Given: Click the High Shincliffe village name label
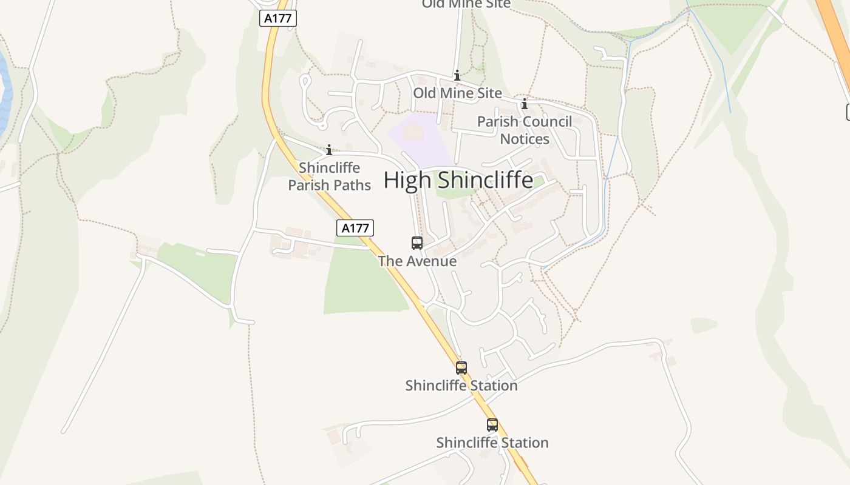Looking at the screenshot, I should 458,180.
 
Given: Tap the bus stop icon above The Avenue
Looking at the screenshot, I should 417,243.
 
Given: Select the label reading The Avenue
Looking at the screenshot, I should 417,261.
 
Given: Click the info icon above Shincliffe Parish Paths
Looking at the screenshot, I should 329,150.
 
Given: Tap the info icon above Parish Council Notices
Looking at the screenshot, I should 525,104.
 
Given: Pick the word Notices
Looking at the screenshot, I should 525,139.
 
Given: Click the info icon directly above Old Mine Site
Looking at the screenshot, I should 457,76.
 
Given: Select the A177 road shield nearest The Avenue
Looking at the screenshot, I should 355,228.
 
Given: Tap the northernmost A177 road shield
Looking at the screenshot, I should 279,18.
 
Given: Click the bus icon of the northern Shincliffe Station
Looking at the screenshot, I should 461,367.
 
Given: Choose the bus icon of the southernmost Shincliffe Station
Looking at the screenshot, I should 492,425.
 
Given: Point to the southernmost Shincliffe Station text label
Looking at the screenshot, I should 492,443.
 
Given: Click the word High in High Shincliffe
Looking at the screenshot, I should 401,180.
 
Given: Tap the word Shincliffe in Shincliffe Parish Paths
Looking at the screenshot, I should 329,168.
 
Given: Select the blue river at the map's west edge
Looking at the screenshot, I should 5,91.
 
